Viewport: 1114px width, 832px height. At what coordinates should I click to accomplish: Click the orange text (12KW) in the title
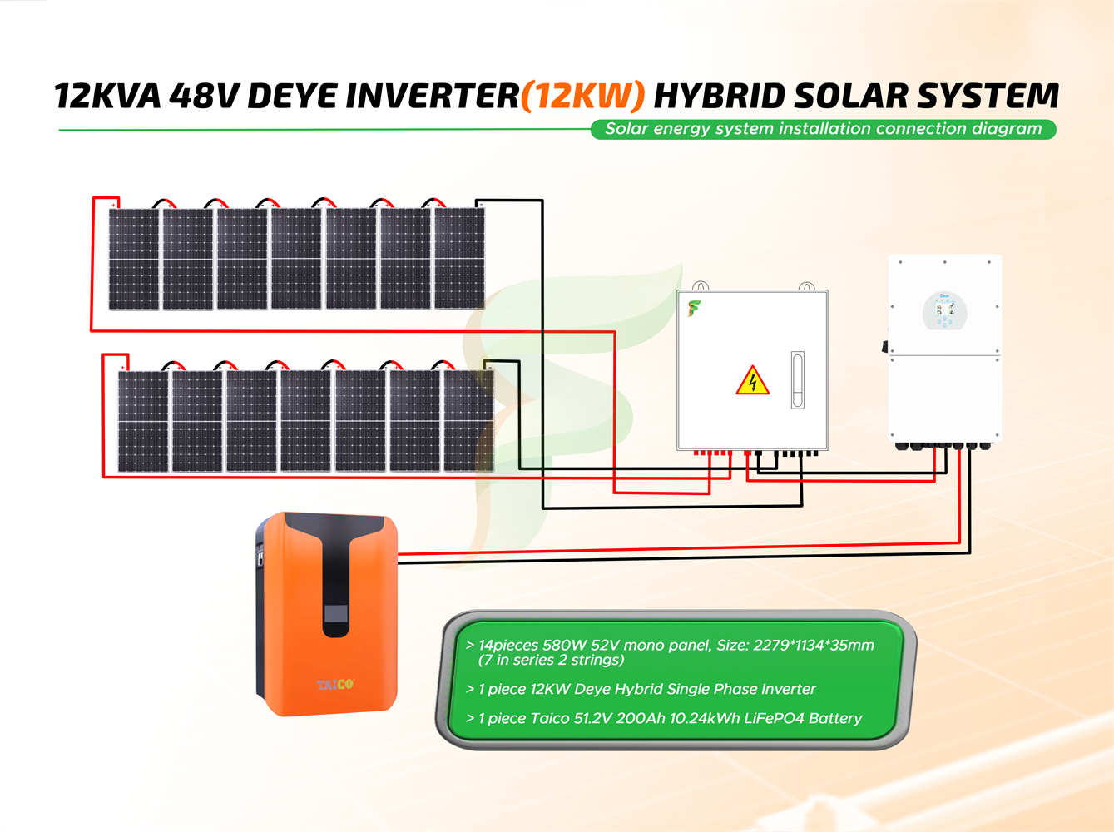[582, 97]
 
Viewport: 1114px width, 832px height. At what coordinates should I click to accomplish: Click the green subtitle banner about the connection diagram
[823, 129]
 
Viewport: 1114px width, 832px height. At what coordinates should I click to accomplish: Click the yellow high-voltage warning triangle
[752, 381]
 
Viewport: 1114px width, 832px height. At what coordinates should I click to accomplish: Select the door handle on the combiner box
[797, 380]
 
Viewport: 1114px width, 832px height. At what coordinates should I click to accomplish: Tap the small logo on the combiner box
[694, 309]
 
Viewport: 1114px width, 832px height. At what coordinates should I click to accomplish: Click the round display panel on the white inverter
[945, 311]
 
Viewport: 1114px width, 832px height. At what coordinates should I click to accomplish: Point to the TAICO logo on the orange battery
[335, 685]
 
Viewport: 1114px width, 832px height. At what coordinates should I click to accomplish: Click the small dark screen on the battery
[336, 616]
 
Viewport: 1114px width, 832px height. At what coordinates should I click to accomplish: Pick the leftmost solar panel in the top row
[134, 259]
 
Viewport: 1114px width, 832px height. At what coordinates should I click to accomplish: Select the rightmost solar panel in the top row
[459, 259]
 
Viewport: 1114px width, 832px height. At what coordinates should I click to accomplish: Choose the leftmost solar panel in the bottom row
[143, 421]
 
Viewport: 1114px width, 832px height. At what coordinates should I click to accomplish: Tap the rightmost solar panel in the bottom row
[468, 421]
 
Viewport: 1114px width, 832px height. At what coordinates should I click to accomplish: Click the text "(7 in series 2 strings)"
[551, 660]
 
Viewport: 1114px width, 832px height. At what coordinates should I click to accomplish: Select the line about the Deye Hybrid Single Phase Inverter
[641, 689]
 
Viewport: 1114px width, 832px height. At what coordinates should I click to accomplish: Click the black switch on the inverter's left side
[885, 345]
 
